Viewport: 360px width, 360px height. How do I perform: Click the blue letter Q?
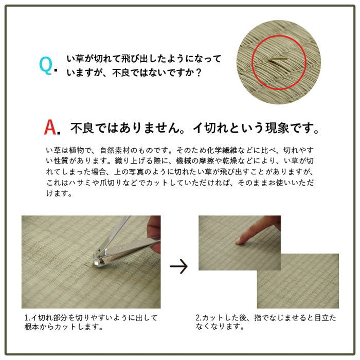[x=45, y=65]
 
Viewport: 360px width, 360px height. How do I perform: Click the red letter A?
[x=51, y=127]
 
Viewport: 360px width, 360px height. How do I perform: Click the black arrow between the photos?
[x=179, y=266]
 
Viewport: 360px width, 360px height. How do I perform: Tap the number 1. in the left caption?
[x=27, y=318]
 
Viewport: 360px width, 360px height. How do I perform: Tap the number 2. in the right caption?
[x=199, y=318]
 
